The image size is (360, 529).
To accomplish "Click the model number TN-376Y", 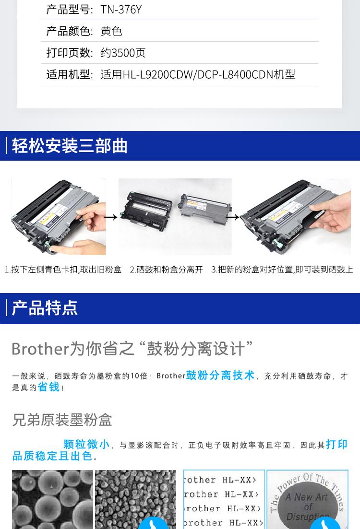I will pyautogui.click(x=121, y=10).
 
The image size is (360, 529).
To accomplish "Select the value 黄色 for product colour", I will pyautogui.click(x=111, y=31).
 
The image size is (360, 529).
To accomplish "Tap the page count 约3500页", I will pyautogui.click(x=123, y=53).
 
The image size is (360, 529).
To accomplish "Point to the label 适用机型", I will pyautogui.click(x=69, y=74).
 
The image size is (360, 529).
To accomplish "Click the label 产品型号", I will pyautogui.click(x=69, y=10).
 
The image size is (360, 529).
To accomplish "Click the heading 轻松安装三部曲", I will pyautogui.click(x=70, y=146).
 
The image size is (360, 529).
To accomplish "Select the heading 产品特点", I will pyautogui.click(x=45, y=308).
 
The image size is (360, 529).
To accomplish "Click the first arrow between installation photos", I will pyautogui.click(x=111, y=217).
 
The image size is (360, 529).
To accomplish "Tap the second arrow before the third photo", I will pyautogui.click(x=233, y=217).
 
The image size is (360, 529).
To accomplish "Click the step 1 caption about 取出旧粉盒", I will pyautogui.click(x=63, y=270).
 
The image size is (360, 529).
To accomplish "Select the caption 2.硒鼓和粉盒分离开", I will pyautogui.click(x=167, y=270).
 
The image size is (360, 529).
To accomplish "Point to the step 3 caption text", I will pyautogui.click(x=282, y=270).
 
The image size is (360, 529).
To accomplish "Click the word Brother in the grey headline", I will pyautogui.click(x=40, y=349).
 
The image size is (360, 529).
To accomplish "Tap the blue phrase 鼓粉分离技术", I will pyautogui.click(x=220, y=376).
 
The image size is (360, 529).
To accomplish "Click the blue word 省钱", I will pyautogui.click(x=48, y=387).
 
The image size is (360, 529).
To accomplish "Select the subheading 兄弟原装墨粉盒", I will pyautogui.click(x=62, y=420).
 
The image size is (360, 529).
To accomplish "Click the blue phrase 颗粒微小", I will pyautogui.click(x=86, y=445).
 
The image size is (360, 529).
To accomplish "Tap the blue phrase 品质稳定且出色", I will pyautogui.click(x=53, y=456).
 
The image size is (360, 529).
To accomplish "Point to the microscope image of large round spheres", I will pyautogui.click(x=53, y=499).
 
